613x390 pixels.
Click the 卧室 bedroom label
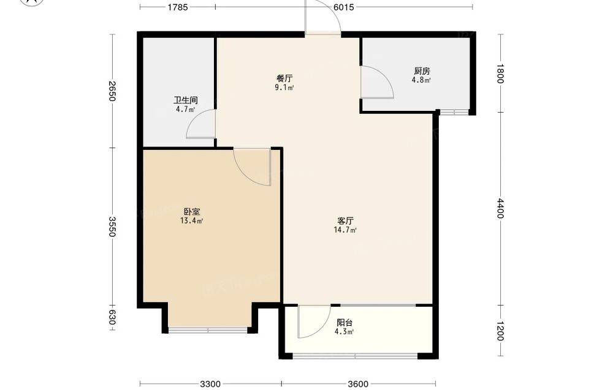point(192,212)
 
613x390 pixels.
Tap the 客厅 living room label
point(346,221)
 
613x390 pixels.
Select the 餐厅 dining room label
point(284,78)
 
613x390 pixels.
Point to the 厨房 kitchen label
point(422,71)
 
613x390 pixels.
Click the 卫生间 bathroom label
point(185,100)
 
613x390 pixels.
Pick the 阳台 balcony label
point(345,323)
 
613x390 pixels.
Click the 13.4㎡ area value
point(191,221)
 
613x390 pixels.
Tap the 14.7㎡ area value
point(345,230)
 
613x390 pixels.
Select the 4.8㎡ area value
point(421,80)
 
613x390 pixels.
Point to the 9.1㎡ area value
point(284,88)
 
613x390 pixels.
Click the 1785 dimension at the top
point(178,7)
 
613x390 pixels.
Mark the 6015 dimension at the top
point(344,7)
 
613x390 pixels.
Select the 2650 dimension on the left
point(112,91)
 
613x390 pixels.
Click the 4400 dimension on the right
point(501,208)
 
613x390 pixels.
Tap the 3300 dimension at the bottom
point(210,384)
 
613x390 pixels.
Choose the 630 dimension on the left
point(112,317)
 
